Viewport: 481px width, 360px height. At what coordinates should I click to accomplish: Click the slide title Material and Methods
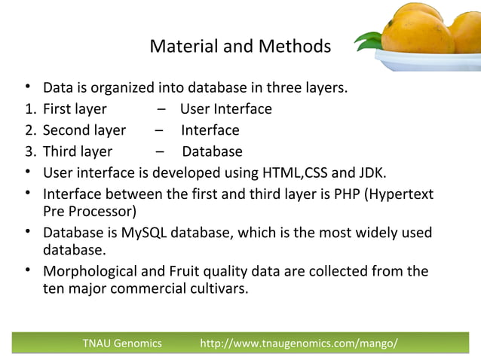pyautogui.click(x=240, y=47)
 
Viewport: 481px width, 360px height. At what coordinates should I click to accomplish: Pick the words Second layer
pyautogui.click(x=84, y=130)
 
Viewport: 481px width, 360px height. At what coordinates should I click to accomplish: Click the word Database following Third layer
pyautogui.click(x=212, y=151)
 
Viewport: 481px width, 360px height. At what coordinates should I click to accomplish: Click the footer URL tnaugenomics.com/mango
pyautogui.click(x=299, y=344)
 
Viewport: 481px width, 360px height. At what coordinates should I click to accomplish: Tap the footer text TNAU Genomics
pyautogui.click(x=122, y=344)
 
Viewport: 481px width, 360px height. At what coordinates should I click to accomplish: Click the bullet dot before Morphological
pyautogui.click(x=27, y=270)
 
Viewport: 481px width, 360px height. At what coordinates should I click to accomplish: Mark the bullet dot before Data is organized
pyautogui.click(x=27, y=88)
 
